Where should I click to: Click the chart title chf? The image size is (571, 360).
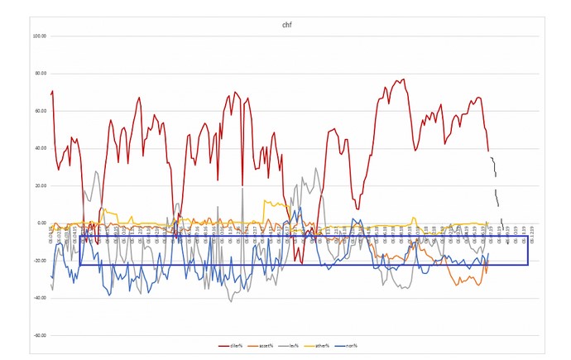[285, 25]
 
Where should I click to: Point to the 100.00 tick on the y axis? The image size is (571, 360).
[38, 36]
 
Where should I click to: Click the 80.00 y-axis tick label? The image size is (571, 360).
[39, 74]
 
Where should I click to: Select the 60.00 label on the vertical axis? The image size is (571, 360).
[39, 111]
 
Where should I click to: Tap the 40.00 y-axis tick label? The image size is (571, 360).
[39, 148]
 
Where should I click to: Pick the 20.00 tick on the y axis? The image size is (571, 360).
[39, 185]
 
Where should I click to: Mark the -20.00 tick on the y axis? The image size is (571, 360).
[39, 261]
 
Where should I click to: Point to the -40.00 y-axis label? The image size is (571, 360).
[39, 298]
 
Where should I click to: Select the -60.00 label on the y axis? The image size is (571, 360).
[39, 335]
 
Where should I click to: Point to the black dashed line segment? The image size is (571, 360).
[495, 186]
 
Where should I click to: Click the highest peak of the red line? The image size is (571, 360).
[402, 79]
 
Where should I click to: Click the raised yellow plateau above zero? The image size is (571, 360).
[273, 203]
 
